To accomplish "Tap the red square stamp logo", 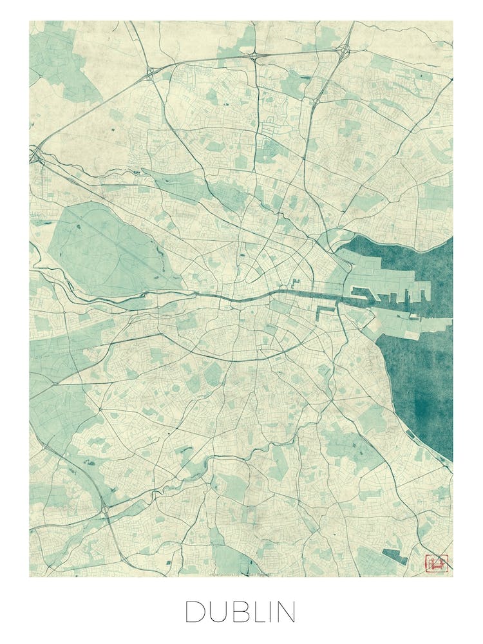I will click(435, 563).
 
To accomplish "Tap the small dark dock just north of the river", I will click(296, 283).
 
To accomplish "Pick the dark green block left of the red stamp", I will click(394, 556).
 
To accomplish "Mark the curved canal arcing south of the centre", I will click(245, 358).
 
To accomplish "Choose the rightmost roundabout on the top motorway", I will click(345, 50).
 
